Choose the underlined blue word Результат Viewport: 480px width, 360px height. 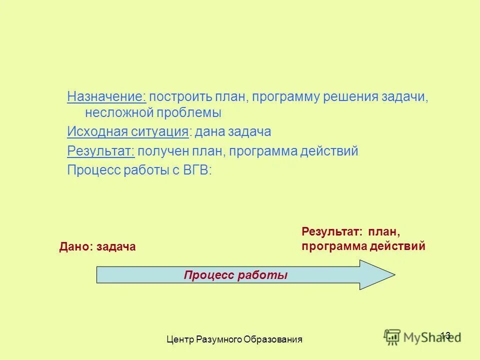[100, 151]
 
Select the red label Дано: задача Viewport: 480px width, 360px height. [97, 246]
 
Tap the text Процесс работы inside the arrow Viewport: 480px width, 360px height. [235, 275]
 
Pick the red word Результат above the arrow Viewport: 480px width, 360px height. [331, 232]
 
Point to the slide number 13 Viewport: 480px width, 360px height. [446, 335]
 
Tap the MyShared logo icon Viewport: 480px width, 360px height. [392, 336]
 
